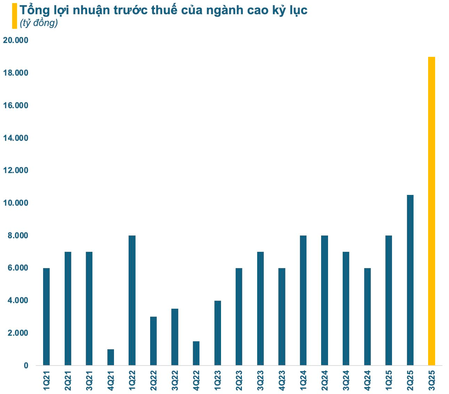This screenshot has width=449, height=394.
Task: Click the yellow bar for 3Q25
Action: pos(431,211)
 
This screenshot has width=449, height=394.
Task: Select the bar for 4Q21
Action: pos(111,357)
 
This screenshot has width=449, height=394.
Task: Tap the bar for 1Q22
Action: pos(132,300)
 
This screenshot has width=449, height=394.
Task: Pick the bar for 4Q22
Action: pos(196,353)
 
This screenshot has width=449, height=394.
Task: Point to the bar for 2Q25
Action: pos(410,280)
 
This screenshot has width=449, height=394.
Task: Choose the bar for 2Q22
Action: pos(153,341)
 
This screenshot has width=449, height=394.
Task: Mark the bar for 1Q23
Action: pos(218,333)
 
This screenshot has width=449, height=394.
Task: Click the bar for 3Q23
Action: pos(260,308)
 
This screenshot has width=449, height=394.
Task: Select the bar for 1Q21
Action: pos(47,317)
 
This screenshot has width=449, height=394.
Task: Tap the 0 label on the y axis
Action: pos(26,366)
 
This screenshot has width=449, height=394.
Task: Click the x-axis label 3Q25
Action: pos(432,380)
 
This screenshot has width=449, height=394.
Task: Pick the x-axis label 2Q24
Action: pos(325,380)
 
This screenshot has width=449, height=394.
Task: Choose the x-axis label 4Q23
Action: pos(282,380)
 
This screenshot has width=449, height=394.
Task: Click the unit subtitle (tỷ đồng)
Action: pos(39,24)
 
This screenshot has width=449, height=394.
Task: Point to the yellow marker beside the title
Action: pos(14,16)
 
